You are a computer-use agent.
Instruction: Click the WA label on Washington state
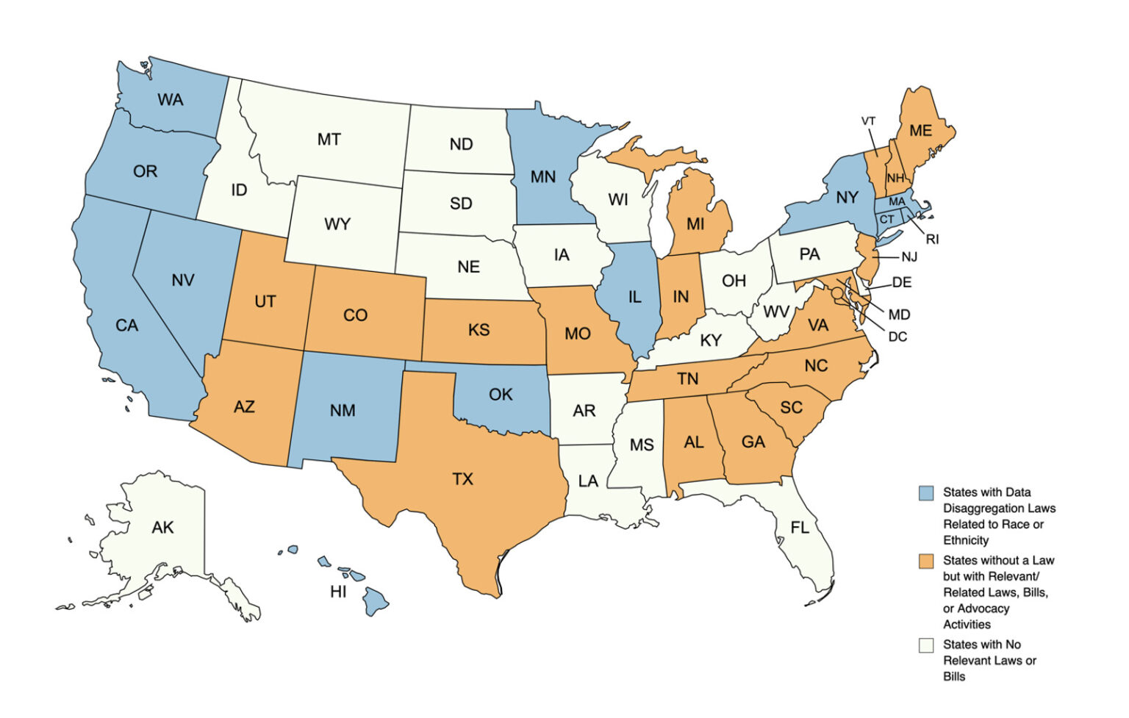(170, 99)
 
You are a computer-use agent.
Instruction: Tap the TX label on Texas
(462, 479)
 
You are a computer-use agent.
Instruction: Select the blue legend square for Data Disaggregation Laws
(926, 493)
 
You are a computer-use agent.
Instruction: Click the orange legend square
(926, 561)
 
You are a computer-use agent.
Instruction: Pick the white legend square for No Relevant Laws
(926, 645)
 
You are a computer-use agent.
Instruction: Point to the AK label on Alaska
(162, 528)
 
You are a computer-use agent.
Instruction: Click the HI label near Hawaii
(338, 592)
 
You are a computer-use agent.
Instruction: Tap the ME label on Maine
(920, 131)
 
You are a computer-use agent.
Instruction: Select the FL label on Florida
(800, 528)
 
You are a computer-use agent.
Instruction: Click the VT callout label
(868, 121)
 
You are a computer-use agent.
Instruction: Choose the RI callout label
(932, 240)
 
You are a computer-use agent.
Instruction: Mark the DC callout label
(897, 337)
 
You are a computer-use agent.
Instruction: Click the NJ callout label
(909, 256)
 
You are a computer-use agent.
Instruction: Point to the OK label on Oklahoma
(501, 395)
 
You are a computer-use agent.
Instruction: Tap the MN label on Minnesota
(543, 177)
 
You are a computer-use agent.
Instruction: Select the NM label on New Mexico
(343, 411)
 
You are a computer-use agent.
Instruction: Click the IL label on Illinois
(634, 297)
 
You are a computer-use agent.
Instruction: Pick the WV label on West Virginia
(776, 312)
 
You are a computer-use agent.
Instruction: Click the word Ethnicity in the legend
(966, 540)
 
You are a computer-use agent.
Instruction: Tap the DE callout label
(901, 282)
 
